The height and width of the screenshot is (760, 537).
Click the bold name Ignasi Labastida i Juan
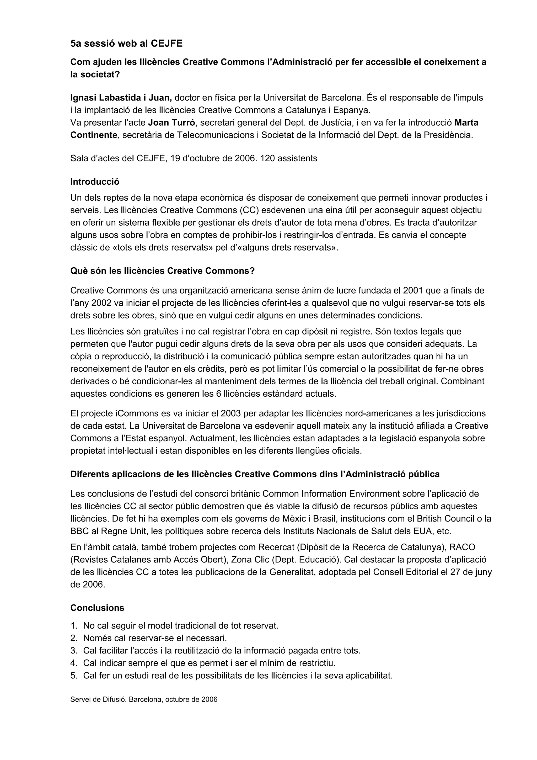(121, 98)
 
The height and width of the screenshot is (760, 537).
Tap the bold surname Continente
(94, 135)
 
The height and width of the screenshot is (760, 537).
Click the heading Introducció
(95, 182)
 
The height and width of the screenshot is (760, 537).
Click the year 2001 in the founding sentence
(413, 290)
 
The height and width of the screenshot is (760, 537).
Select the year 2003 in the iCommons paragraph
(231, 413)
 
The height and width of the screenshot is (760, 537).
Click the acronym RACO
(462, 547)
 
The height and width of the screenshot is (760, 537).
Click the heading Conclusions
(97, 608)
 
